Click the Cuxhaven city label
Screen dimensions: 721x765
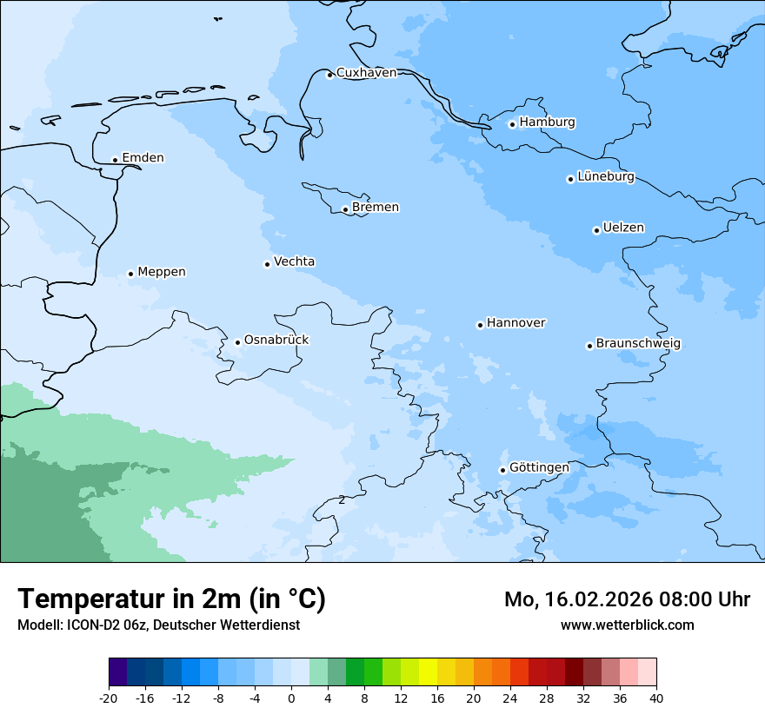[366, 73]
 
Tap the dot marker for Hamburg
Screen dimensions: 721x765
[512, 124]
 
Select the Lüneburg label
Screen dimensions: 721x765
[606, 177]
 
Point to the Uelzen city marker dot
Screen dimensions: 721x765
[596, 230]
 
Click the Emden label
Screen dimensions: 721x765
[143, 158]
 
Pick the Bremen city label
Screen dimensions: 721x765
[376, 208]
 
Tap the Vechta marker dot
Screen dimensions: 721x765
[267, 264]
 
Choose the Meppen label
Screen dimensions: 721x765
[162, 272]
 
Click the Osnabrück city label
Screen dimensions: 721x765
[276, 341]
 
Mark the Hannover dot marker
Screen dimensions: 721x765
[480, 325]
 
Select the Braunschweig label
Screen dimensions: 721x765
[638, 344]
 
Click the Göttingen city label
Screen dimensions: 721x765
[539, 468]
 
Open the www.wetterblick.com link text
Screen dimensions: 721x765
[627, 625]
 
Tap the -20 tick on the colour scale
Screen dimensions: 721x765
[108, 698]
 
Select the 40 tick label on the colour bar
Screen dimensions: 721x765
[656, 698]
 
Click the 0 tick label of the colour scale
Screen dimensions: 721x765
[291, 698]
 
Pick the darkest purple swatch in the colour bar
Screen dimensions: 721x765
[117, 672]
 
